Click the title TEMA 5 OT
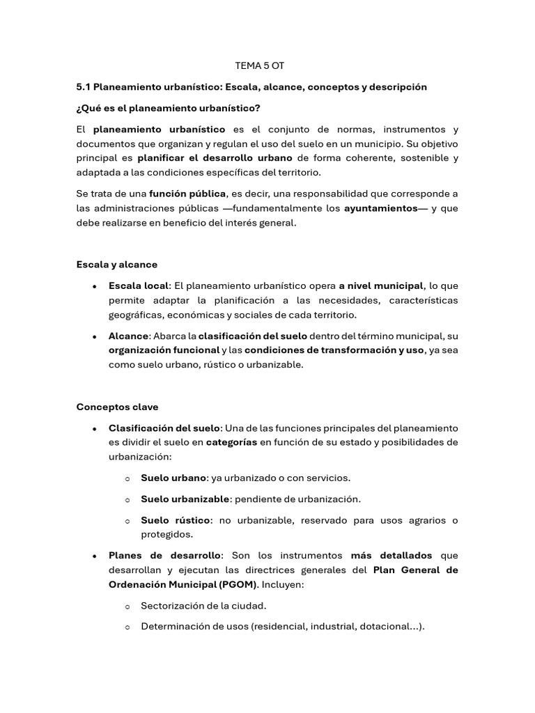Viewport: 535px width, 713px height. pyautogui.click(x=260, y=65)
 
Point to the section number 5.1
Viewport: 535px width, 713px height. pyautogui.click(x=84, y=87)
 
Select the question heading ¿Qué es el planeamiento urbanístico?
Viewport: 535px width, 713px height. pyautogui.click(x=168, y=108)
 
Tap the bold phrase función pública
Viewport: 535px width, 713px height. pyautogui.click(x=187, y=194)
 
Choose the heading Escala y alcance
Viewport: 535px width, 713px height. pyautogui.click(x=116, y=265)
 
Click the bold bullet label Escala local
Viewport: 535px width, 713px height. pyautogui.click(x=139, y=285)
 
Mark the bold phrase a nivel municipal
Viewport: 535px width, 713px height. pyautogui.click(x=381, y=285)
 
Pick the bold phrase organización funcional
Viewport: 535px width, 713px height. pyautogui.click(x=163, y=350)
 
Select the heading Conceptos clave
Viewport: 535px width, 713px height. pyautogui.click(x=117, y=407)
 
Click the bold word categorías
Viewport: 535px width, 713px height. pyautogui.click(x=231, y=442)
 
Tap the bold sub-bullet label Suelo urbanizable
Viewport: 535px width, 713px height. pyautogui.click(x=185, y=499)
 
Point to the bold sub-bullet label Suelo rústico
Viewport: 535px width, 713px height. pyautogui.click(x=176, y=520)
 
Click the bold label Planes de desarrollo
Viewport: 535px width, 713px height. pyautogui.click(x=164, y=556)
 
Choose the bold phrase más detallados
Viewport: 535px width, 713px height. pyautogui.click(x=391, y=556)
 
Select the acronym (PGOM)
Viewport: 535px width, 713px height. pyautogui.click(x=238, y=584)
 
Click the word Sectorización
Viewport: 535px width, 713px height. pyautogui.click(x=172, y=605)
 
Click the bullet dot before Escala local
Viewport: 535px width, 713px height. pyautogui.click(x=94, y=286)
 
